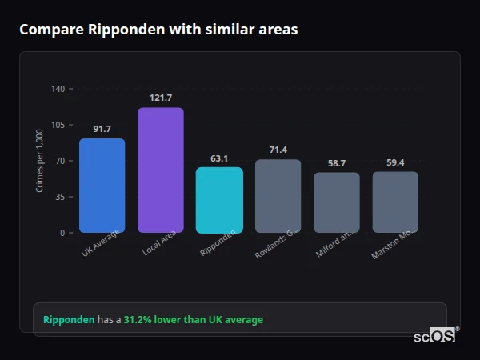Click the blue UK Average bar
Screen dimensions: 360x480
pos(102,186)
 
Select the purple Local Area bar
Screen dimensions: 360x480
pos(161,170)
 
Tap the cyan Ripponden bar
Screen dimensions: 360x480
pos(219,200)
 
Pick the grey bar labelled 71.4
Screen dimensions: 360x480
pos(278,196)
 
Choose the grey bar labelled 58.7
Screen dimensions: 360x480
pos(337,202)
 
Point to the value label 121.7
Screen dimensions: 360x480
pos(161,98)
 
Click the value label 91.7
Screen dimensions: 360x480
pos(102,129)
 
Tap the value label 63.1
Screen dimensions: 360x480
pos(219,158)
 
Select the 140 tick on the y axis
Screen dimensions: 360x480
pos(58,89)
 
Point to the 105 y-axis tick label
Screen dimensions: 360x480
pos(58,125)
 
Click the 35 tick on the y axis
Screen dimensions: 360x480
pos(59,197)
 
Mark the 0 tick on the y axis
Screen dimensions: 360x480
pos(62,233)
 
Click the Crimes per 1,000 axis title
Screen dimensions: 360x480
pos(40,161)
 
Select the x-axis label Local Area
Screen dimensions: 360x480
pos(159,242)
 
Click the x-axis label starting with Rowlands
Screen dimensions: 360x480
pos(277,244)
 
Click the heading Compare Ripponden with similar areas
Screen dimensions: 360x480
pos(158,30)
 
